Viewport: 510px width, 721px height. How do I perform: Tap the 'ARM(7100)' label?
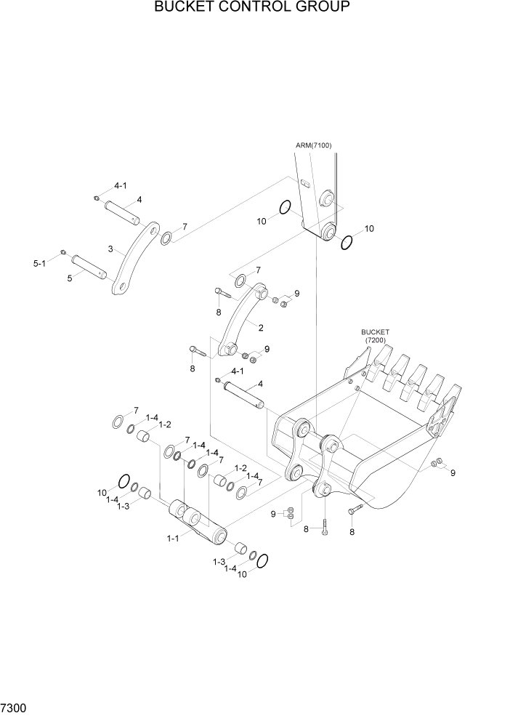[313, 145]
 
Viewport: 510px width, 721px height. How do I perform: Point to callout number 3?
[111, 249]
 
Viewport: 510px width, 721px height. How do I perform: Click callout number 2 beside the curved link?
[260, 328]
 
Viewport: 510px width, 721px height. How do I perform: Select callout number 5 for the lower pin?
[70, 277]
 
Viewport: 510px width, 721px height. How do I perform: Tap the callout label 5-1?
[40, 264]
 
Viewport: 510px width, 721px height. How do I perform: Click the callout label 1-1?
[173, 538]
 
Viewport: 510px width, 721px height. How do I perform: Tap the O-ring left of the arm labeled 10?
[286, 208]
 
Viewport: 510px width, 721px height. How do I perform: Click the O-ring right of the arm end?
[346, 242]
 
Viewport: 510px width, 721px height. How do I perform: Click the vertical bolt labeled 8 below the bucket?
[325, 525]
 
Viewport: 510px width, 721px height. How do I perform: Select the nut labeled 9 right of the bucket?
[436, 463]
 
